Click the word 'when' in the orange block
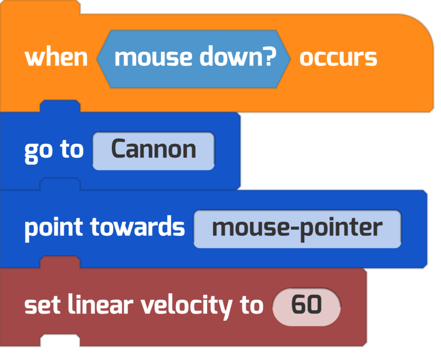(56, 58)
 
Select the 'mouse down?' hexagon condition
(193, 59)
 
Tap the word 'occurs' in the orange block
(338, 58)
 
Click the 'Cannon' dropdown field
(154, 151)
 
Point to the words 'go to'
(54, 151)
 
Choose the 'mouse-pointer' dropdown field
(298, 229)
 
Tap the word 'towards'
(137, 227)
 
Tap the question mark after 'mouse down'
(270, 56)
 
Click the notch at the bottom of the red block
(60, 340)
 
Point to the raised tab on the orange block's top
(40, 7)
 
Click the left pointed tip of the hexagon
(97, 59)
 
